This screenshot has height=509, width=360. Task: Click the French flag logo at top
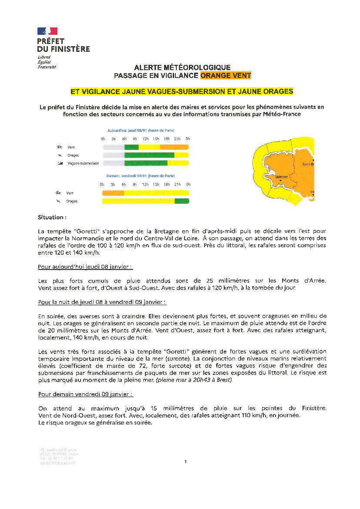click(47, 31)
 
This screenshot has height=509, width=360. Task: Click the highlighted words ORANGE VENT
click(225, 75)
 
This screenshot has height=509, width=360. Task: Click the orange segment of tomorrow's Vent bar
click(113, 192)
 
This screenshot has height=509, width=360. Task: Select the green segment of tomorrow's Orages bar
click(182, 201)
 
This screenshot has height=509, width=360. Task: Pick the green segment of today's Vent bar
click(131, 147)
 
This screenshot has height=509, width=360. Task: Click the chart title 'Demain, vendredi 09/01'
click(141, 176)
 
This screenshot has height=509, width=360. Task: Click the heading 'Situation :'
click(52, 217)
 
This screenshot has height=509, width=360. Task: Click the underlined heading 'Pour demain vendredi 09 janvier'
click(85, 394)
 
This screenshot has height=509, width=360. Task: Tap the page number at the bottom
click(185, 462)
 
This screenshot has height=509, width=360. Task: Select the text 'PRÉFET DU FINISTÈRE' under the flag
click(64, 45)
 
